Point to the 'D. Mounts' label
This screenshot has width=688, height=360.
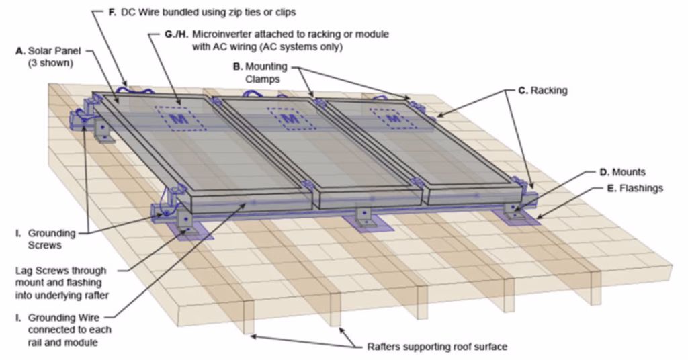tap(621, 173)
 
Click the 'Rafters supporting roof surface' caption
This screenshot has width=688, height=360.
tap(437, 347)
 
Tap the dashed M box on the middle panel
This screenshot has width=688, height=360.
tap(290, 118)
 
